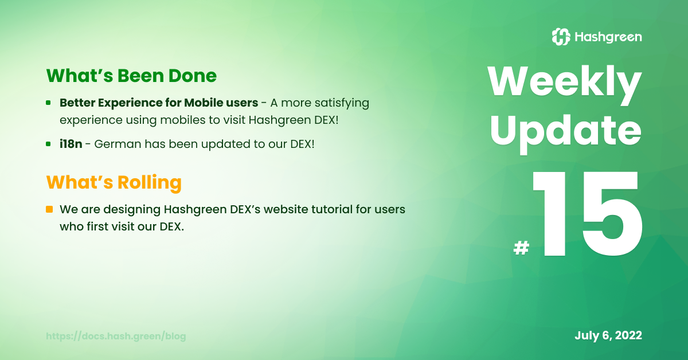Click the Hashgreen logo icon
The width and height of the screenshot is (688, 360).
click(561, 37)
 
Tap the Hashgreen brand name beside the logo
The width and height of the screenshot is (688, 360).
click(608, 37)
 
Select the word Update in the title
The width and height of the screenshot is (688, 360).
click(566, 134)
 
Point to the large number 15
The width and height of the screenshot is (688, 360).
click(587, 214)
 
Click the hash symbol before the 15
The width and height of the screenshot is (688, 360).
click(521, 248)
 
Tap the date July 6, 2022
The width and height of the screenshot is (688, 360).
click(608, 335)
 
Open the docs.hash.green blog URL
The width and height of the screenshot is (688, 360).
click(116, 336)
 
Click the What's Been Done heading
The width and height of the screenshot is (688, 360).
click(131, 76)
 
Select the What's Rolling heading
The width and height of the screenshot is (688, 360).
click(114, 182)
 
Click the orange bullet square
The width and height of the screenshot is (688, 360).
click(49, 209)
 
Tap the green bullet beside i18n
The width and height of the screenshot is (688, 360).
click(48, 144)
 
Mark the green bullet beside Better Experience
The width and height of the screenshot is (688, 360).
click(48, 103)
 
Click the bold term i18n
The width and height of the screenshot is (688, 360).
click(71, 144)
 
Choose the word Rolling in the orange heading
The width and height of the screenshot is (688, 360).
click(150, 183)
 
